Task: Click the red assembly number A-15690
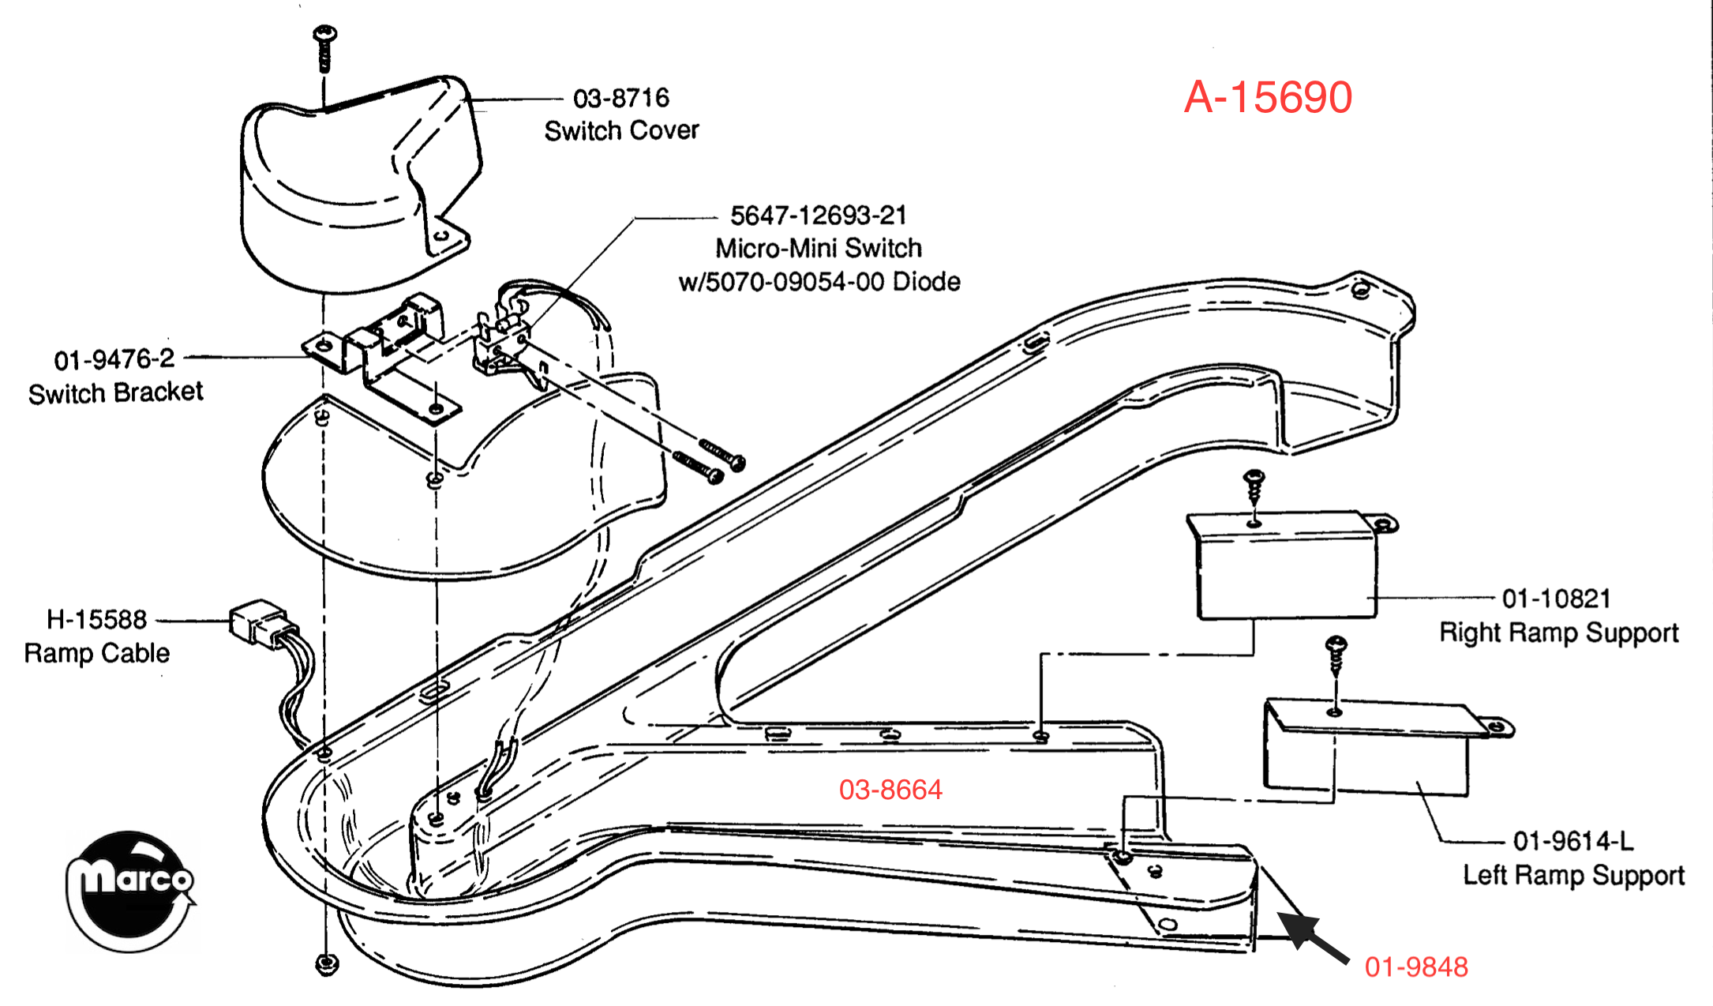tap(1268, 97)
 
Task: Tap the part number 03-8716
tap(621, 98)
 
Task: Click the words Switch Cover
tap(621, 130)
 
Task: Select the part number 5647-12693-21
tap(819, 215)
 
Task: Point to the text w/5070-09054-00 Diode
tap(819, 281)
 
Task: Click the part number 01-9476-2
tap(114, 359)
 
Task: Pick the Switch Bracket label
tap(115, 392)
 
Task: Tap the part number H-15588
tap(96, 619)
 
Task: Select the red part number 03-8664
tap(890, 790)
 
